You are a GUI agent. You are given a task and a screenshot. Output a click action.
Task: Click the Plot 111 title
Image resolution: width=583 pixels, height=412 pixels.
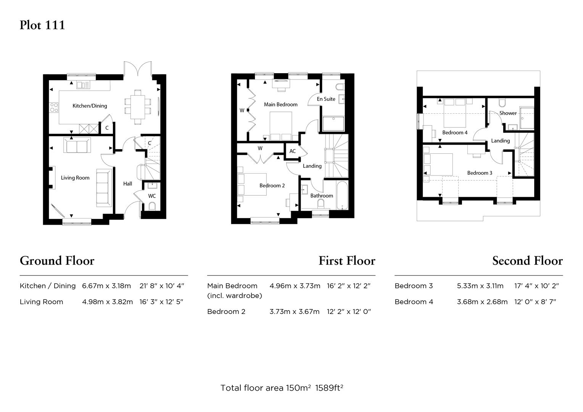(42, 25)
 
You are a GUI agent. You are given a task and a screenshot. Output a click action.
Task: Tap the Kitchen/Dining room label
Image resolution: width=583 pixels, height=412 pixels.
(90, 106)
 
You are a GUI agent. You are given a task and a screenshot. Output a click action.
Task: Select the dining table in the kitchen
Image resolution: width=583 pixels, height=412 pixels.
(138, 107)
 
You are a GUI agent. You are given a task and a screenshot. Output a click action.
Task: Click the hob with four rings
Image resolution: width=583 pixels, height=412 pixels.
(54, 108)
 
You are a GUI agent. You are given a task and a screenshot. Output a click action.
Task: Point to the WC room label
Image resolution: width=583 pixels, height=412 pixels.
(152, 196)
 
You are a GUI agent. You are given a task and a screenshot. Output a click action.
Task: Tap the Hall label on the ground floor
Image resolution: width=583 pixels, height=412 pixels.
(127, 184)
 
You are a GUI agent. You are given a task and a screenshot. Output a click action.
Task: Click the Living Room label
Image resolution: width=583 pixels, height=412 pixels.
(75, 178)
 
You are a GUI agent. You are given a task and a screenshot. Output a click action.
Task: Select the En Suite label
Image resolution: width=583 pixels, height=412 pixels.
(326, 99)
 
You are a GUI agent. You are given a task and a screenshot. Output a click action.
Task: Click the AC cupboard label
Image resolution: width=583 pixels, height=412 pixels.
(293, 151)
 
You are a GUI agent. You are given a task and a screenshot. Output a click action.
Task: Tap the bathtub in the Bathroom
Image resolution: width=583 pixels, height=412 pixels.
(342, 195)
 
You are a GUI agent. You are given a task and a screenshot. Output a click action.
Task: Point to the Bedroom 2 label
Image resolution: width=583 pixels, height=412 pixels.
(272, 185)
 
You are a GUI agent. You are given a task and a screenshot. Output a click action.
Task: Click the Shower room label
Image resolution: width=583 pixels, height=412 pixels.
(508, 113)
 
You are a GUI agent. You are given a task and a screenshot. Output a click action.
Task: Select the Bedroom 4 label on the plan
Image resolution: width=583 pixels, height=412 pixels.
(455, 132)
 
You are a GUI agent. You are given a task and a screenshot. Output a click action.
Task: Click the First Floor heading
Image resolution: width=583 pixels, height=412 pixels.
(347, 261)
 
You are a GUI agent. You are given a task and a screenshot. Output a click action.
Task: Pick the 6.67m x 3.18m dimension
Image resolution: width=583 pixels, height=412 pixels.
(106, 286)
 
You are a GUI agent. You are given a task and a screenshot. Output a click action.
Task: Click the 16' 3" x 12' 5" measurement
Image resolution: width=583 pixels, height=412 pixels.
(161, 302)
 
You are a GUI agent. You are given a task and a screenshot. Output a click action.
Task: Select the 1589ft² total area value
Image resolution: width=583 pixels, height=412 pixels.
(329, 388)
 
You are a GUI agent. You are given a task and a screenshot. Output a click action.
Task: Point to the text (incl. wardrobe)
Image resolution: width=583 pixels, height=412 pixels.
(235, 296)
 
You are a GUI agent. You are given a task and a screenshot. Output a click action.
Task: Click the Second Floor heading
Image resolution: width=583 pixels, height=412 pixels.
(527, 261)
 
